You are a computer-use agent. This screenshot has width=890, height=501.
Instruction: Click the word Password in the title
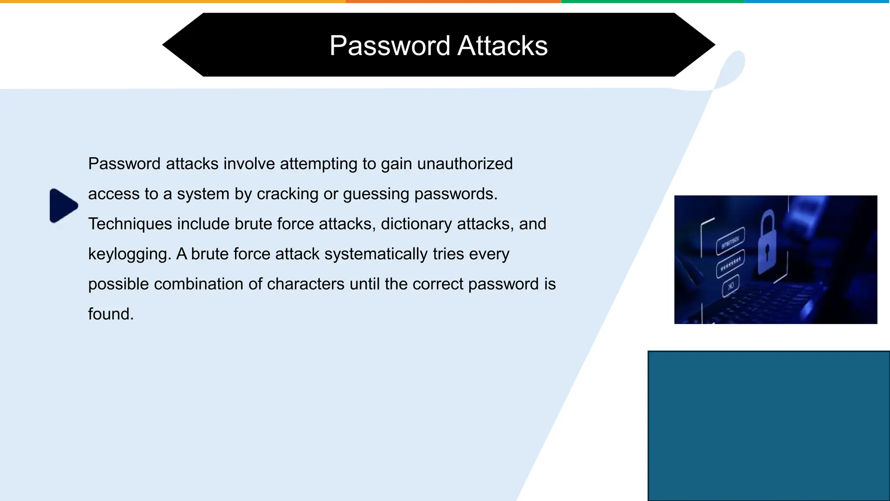point(389,46)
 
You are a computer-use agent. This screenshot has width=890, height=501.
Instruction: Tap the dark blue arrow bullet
point(63,205)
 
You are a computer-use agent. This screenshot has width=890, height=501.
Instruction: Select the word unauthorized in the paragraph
point(465,164)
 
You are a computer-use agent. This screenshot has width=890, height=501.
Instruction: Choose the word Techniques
point(130,224)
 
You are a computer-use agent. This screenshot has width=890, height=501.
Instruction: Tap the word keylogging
point(130,254)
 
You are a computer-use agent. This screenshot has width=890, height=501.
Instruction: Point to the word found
point(111,314)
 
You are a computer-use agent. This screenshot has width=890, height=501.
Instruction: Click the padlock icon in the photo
point(768,244)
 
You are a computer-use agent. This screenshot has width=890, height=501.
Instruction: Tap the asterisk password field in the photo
point(730,264)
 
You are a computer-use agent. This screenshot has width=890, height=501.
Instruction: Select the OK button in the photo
point(731,286)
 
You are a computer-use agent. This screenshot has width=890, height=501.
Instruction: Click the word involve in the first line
point(249,164)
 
